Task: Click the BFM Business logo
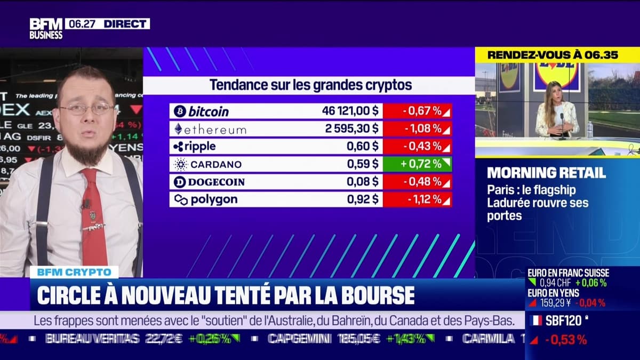(46, 28)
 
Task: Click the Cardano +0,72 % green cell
(417, 164)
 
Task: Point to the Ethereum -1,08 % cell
(417, 129)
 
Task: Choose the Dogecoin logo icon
(180, 182)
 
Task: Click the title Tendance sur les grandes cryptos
(310, 85)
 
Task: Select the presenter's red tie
(94, 219)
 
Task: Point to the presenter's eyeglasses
(87, 108)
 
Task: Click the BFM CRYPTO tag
(74, 272)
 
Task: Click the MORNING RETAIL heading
(546, 173)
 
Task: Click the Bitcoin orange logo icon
(180, 111)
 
